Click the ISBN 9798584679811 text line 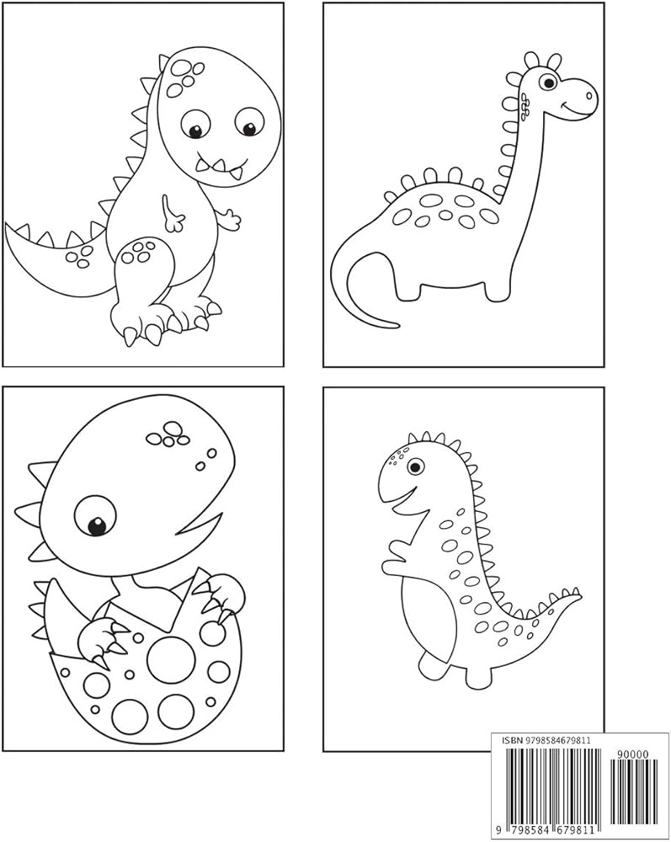click(546, 740)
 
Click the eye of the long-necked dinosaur click(549, 83)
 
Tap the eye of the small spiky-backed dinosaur click(415, 465)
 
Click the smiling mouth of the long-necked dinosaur click(579, 109)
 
